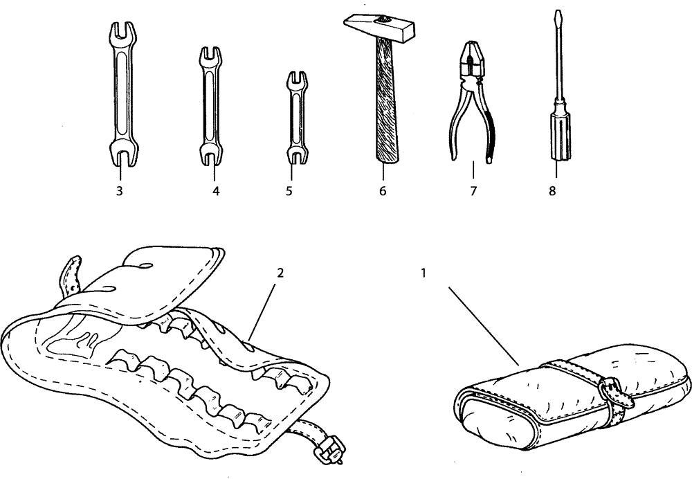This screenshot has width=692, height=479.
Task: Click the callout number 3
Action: (120, 192)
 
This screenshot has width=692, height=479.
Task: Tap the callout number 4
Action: (216, 192)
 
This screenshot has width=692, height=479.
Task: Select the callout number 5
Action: (289, 192)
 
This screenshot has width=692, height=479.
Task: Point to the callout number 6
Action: (382, 192)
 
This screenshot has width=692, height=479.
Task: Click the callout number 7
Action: (473, 192)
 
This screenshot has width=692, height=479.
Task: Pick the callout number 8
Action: (552, 192)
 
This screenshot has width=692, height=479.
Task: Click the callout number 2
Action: (280, 273)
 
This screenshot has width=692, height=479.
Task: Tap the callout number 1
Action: (423, 273)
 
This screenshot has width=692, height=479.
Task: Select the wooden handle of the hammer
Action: (382, 104)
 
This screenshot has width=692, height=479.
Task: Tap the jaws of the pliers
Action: (472, 60)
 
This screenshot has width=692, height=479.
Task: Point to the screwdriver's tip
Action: (554, 14)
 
